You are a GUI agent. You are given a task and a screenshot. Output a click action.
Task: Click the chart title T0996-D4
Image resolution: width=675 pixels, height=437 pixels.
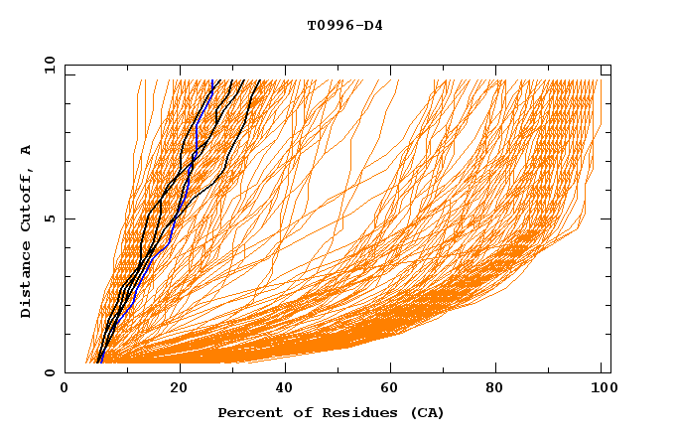click(344, 26)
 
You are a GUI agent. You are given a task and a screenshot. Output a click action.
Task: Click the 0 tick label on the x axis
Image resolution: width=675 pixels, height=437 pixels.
click(65, 389)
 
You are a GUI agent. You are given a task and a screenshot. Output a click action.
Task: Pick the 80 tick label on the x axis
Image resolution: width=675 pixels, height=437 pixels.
click(503, 389)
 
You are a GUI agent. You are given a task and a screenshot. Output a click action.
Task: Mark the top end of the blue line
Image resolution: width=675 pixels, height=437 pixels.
click(212, 80)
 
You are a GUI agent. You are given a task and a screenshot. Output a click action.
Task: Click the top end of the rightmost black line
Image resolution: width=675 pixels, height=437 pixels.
click(260, 80)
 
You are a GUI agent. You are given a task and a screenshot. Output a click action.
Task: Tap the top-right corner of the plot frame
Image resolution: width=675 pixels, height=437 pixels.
click(610, 65)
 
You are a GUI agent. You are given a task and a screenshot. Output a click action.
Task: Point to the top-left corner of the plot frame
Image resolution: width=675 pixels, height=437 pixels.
click(65, 65)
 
